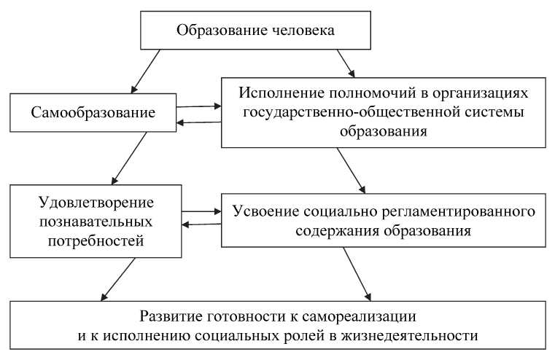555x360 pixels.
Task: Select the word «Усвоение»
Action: point(263,211)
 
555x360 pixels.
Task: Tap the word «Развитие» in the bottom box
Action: point(167,318)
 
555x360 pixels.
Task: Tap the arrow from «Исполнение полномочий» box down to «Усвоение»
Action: point(352,171)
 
